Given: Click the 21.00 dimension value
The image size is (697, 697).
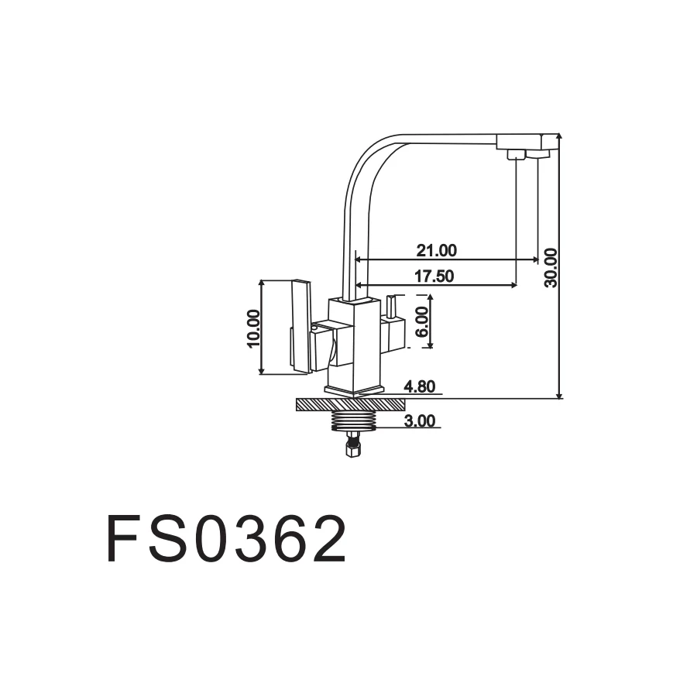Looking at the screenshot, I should tap(436, 250).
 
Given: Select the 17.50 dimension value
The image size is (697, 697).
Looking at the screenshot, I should tap(434, 276).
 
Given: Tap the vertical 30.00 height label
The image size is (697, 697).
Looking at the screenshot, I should tap(550, 267).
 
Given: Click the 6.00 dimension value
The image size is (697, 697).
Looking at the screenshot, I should tap(421, 321).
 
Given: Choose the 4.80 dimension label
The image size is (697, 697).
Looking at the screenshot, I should tap(421, 386).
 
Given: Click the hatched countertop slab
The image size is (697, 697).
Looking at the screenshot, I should tap(351, 404).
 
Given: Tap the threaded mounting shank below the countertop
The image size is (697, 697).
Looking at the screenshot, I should tap(352, 421).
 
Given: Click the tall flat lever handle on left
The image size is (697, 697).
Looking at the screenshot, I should tap(300, 327).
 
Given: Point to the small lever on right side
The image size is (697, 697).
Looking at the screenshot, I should tap(391, 307).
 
